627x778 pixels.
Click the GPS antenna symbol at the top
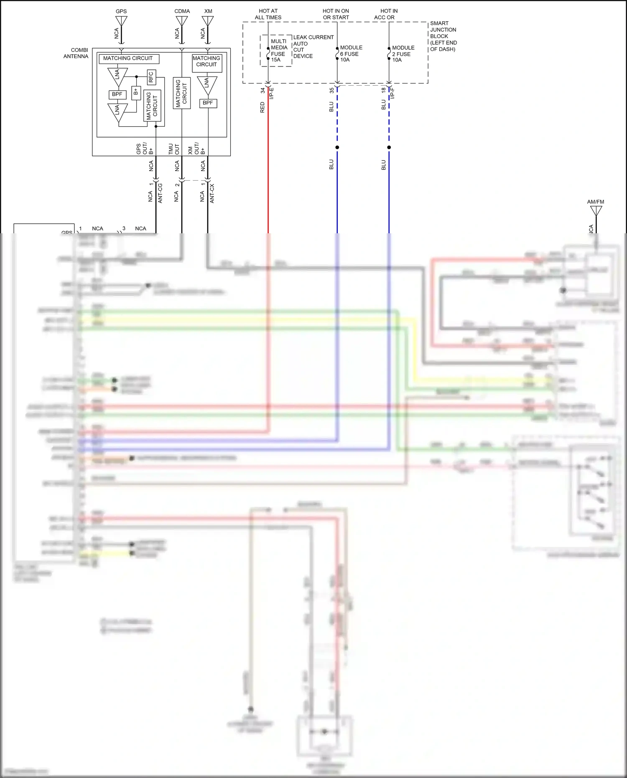121,21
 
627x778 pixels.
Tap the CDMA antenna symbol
182,21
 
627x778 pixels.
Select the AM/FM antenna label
595,202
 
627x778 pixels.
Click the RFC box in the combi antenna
151,77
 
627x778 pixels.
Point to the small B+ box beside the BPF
136,92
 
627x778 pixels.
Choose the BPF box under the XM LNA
208,103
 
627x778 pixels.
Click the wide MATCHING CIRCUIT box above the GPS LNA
128,59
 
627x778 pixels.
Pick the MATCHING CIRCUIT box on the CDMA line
182,93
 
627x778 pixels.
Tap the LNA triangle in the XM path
207,84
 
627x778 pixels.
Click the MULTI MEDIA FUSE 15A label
278,51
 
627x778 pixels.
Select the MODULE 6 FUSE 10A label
351,54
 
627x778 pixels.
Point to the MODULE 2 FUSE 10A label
403,54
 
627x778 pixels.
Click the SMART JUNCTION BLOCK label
443,36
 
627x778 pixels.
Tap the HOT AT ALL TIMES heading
268,14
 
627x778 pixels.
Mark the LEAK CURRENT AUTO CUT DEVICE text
313,46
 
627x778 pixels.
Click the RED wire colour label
263,107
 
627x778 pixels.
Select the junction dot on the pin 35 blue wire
337,147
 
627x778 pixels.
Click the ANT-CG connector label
160,193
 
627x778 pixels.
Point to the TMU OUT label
174,149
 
